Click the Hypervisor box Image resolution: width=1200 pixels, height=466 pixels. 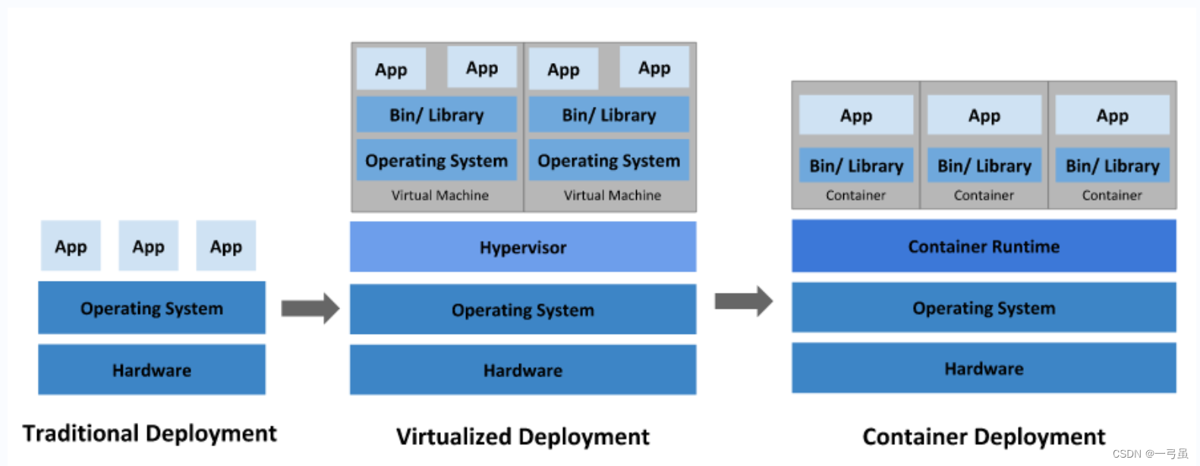click(523, 247)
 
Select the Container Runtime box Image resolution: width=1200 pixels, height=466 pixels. click(984, 246)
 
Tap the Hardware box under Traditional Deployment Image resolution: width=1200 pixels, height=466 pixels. click(152, 370)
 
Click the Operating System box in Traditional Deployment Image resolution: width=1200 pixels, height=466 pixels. click(152, 308)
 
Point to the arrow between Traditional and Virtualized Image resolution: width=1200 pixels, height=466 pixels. click(310, 308)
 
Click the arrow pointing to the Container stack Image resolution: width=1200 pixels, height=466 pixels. click(744, 301)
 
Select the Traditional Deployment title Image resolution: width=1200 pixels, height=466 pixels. click(150, 433)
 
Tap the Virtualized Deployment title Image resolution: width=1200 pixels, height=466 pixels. click(523, 436)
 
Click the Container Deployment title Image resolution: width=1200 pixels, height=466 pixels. click(984, 436)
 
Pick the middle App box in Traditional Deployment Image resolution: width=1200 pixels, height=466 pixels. click(149, 246)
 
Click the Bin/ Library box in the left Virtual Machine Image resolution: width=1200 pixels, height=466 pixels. click(436, 115)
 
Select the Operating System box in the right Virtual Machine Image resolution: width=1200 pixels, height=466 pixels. click(609, 160)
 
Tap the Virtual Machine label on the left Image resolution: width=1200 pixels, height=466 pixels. click(439, 195)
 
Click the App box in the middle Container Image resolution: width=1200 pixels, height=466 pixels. click(984, 115)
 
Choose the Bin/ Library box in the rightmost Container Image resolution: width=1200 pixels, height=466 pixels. click(1113, 165)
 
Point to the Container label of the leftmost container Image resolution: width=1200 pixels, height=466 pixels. click(855, 195)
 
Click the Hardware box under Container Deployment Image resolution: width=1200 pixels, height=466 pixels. click(984, 368)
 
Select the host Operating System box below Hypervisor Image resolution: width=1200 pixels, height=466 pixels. click(523, 309)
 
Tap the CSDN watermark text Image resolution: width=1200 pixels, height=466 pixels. click(1150, 454)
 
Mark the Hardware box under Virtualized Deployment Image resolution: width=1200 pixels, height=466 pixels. click(523, 370)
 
